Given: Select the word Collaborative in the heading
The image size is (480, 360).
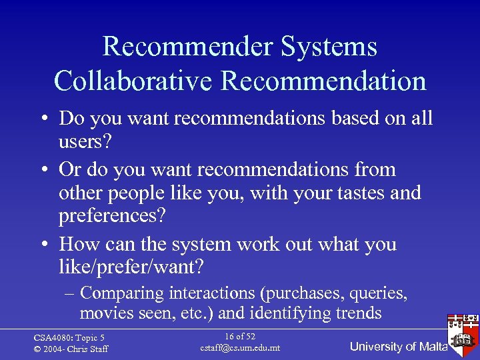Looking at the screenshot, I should point(133,81).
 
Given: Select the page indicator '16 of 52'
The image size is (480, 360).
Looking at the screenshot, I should point(240,336).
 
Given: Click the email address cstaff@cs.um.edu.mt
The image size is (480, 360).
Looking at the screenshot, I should point(240,348).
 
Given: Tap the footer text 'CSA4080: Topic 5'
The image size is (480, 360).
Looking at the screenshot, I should point(69,337).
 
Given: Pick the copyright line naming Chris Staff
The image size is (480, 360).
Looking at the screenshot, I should point(71,349).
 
